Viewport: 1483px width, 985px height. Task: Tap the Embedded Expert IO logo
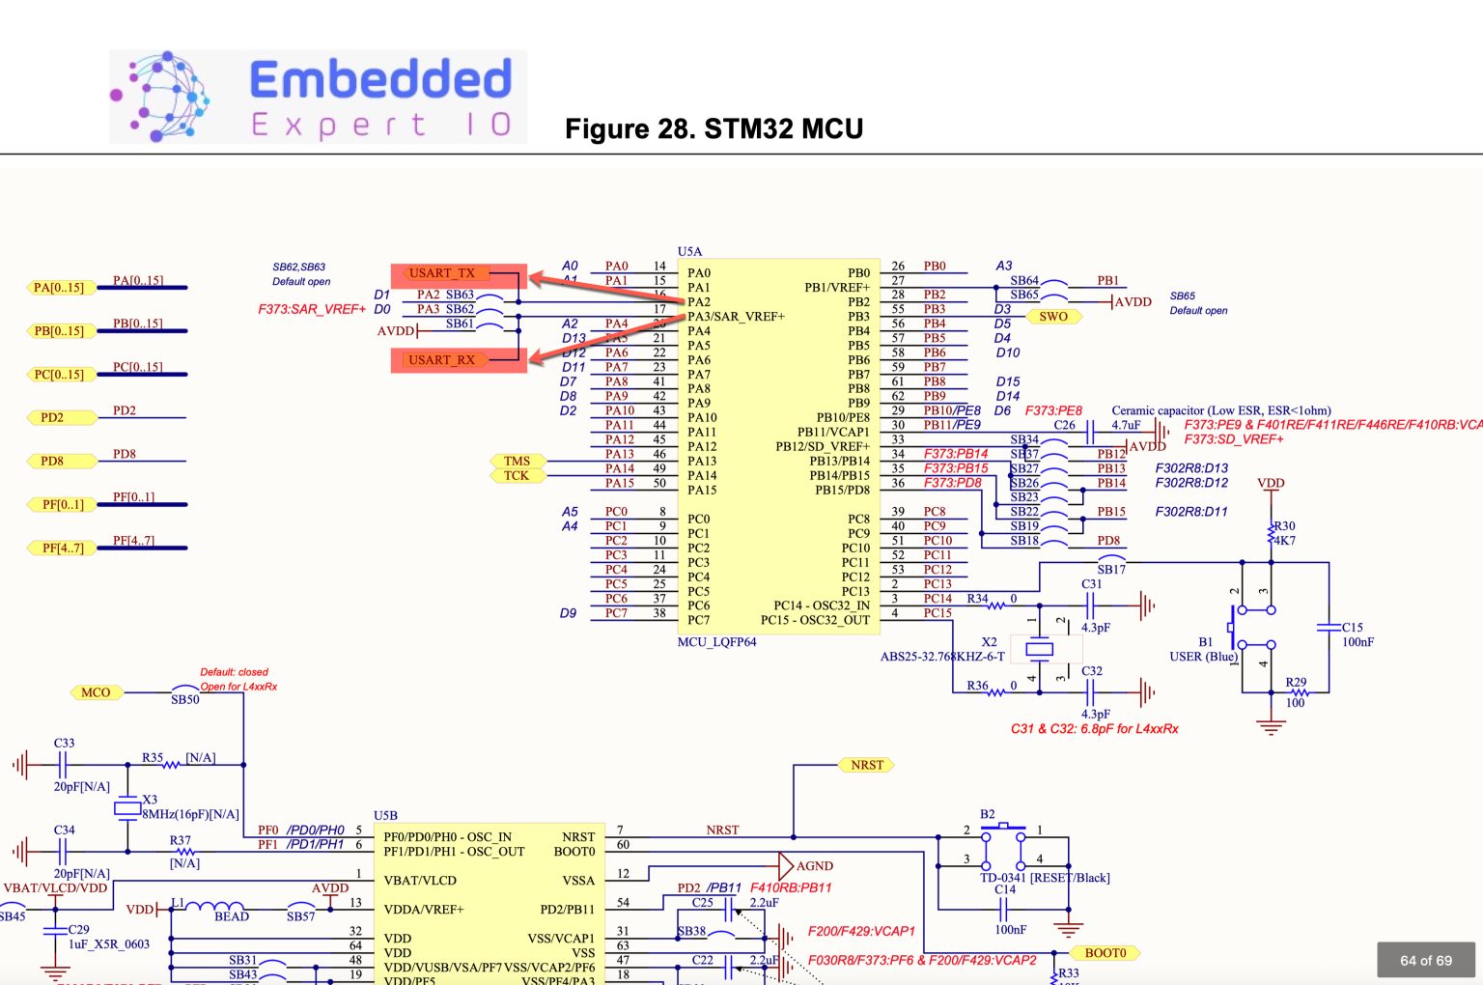318,98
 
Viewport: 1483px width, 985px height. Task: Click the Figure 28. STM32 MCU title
714,129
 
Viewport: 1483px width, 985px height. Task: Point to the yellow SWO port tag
1052,317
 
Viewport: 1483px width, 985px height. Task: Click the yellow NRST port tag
866,765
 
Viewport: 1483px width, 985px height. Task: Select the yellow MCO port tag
96,692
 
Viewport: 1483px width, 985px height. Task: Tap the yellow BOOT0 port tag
1105,953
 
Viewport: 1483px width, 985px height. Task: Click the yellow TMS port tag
517,461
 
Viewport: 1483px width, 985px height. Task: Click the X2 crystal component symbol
1039,649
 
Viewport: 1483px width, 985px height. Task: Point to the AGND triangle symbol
786,865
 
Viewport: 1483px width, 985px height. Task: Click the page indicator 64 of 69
1425,960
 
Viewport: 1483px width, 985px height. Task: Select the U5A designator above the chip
689,252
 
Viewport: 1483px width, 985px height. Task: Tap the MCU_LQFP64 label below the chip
716,642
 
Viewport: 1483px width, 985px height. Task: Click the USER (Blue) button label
1202,657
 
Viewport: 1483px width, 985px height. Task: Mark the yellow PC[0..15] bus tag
59,375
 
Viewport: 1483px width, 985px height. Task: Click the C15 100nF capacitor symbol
1329,628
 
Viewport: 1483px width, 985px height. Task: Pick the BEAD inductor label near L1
232,916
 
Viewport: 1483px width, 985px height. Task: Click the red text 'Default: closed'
234,672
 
